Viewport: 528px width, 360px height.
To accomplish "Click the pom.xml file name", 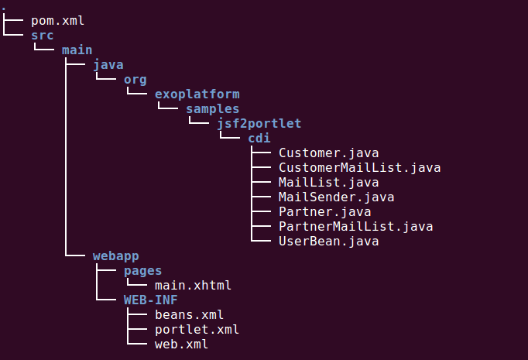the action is coord(57,21).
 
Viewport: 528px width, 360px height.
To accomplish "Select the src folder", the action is coord(42,36).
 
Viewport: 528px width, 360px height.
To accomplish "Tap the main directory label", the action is coord(77,50).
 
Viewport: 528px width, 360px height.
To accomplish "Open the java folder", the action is coord(108,65).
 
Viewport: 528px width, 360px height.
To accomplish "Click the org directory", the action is coord(135,81).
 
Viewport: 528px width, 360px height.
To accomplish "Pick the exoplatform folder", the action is coord(197,94).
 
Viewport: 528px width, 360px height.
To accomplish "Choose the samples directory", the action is coord(212,109).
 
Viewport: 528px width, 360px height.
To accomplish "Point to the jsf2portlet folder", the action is coord(259,124).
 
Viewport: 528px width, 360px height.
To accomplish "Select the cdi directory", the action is coord(259,139).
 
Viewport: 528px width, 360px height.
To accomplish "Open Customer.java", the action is coord(329,153).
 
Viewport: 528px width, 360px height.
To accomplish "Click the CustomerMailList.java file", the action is coord(360,168).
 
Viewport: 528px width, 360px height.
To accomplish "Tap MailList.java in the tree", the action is coord(329,183).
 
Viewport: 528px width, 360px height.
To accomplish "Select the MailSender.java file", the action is coord(337,197).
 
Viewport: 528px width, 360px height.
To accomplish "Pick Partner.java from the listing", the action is coord(325,212).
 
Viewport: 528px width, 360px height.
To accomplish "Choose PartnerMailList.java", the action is coord(356,227).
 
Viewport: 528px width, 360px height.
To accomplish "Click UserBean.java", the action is coord(329,242).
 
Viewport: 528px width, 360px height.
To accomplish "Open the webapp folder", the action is coord(116,256).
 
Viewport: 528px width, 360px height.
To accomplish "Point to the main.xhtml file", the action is coord(193,286).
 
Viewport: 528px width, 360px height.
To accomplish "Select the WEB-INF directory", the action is coord(150,300).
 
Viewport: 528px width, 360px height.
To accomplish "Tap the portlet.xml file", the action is coord(197,330).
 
